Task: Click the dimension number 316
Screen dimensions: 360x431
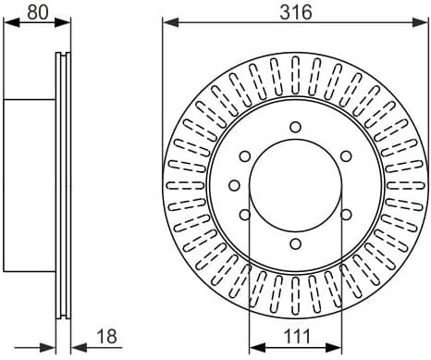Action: [x=296, y=12]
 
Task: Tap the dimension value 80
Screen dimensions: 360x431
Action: [x=36, y=12]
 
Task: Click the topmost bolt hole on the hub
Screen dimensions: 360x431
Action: [x=295, y=127]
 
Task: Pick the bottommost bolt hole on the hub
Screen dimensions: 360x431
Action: [x=295, y=244]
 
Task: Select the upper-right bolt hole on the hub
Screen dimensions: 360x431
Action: [x=346, y=156]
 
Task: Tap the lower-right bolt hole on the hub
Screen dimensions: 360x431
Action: [x=346, y=215]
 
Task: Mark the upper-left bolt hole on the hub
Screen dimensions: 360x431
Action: [x=245, y=156]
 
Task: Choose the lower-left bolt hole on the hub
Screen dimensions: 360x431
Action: [x=245, y=215]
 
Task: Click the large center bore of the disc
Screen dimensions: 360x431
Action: [x=295, y=185]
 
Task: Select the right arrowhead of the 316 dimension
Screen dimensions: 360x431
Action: [x=423, y=24]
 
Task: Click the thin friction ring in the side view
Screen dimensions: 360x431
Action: [x=64, y=185]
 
